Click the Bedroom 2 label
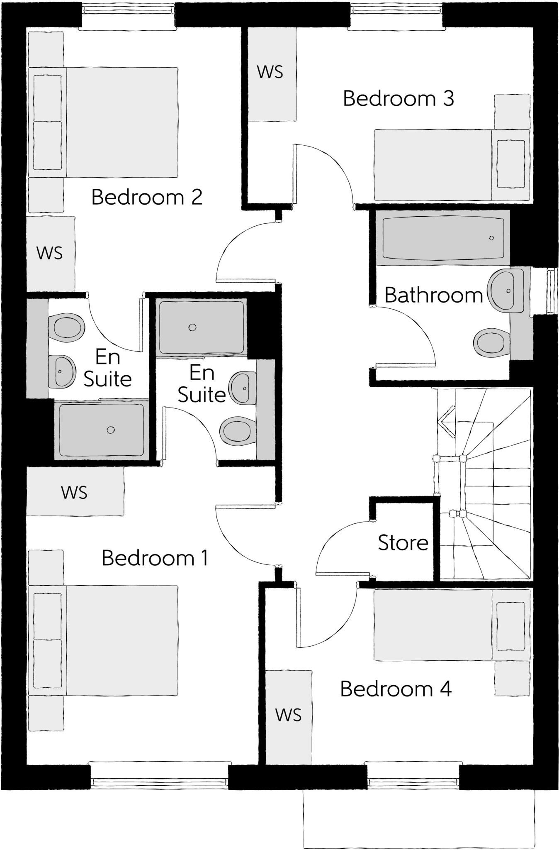point(147,197)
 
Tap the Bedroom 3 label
point(398,99)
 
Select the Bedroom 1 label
point(155,558)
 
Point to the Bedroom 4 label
point(396,689)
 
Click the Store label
point(403,543)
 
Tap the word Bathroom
point(433,296)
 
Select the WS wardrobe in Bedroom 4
point(289,715)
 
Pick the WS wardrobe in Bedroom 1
point(75,492)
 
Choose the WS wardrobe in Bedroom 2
point(50,253)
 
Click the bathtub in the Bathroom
point(443,238)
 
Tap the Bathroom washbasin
point(504,290)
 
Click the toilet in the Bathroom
point(492,343)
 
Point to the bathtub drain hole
point(491,238)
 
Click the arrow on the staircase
point(446,422)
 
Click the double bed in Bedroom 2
point(104,122)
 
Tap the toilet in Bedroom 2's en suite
point(66,327)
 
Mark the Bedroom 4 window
point(413,782)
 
